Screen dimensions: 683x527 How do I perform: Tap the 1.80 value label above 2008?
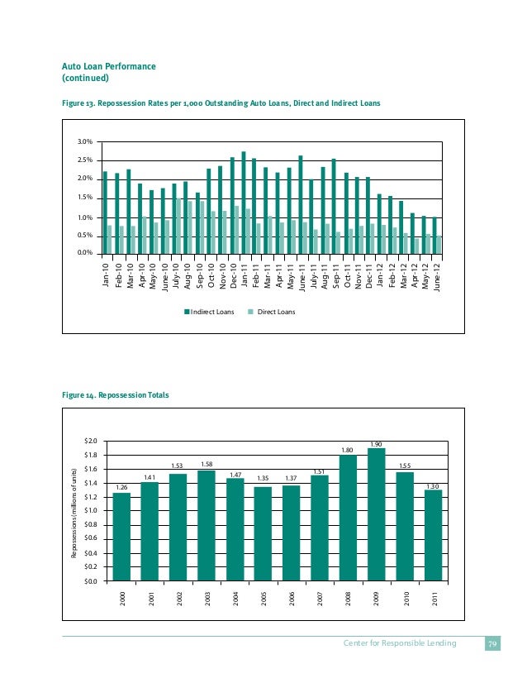coord(348,450)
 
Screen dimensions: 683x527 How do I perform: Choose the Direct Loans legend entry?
coord(272,312)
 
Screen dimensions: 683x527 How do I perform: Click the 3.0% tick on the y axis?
coord(84,142)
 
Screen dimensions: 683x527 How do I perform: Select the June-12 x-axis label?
coord(436,273)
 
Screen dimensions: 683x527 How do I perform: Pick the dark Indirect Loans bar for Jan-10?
coord(105,212)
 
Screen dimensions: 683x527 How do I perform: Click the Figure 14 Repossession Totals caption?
coord(116,395)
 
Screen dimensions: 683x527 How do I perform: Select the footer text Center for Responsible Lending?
coord(401,643)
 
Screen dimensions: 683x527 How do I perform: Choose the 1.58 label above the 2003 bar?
coord(207,465)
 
